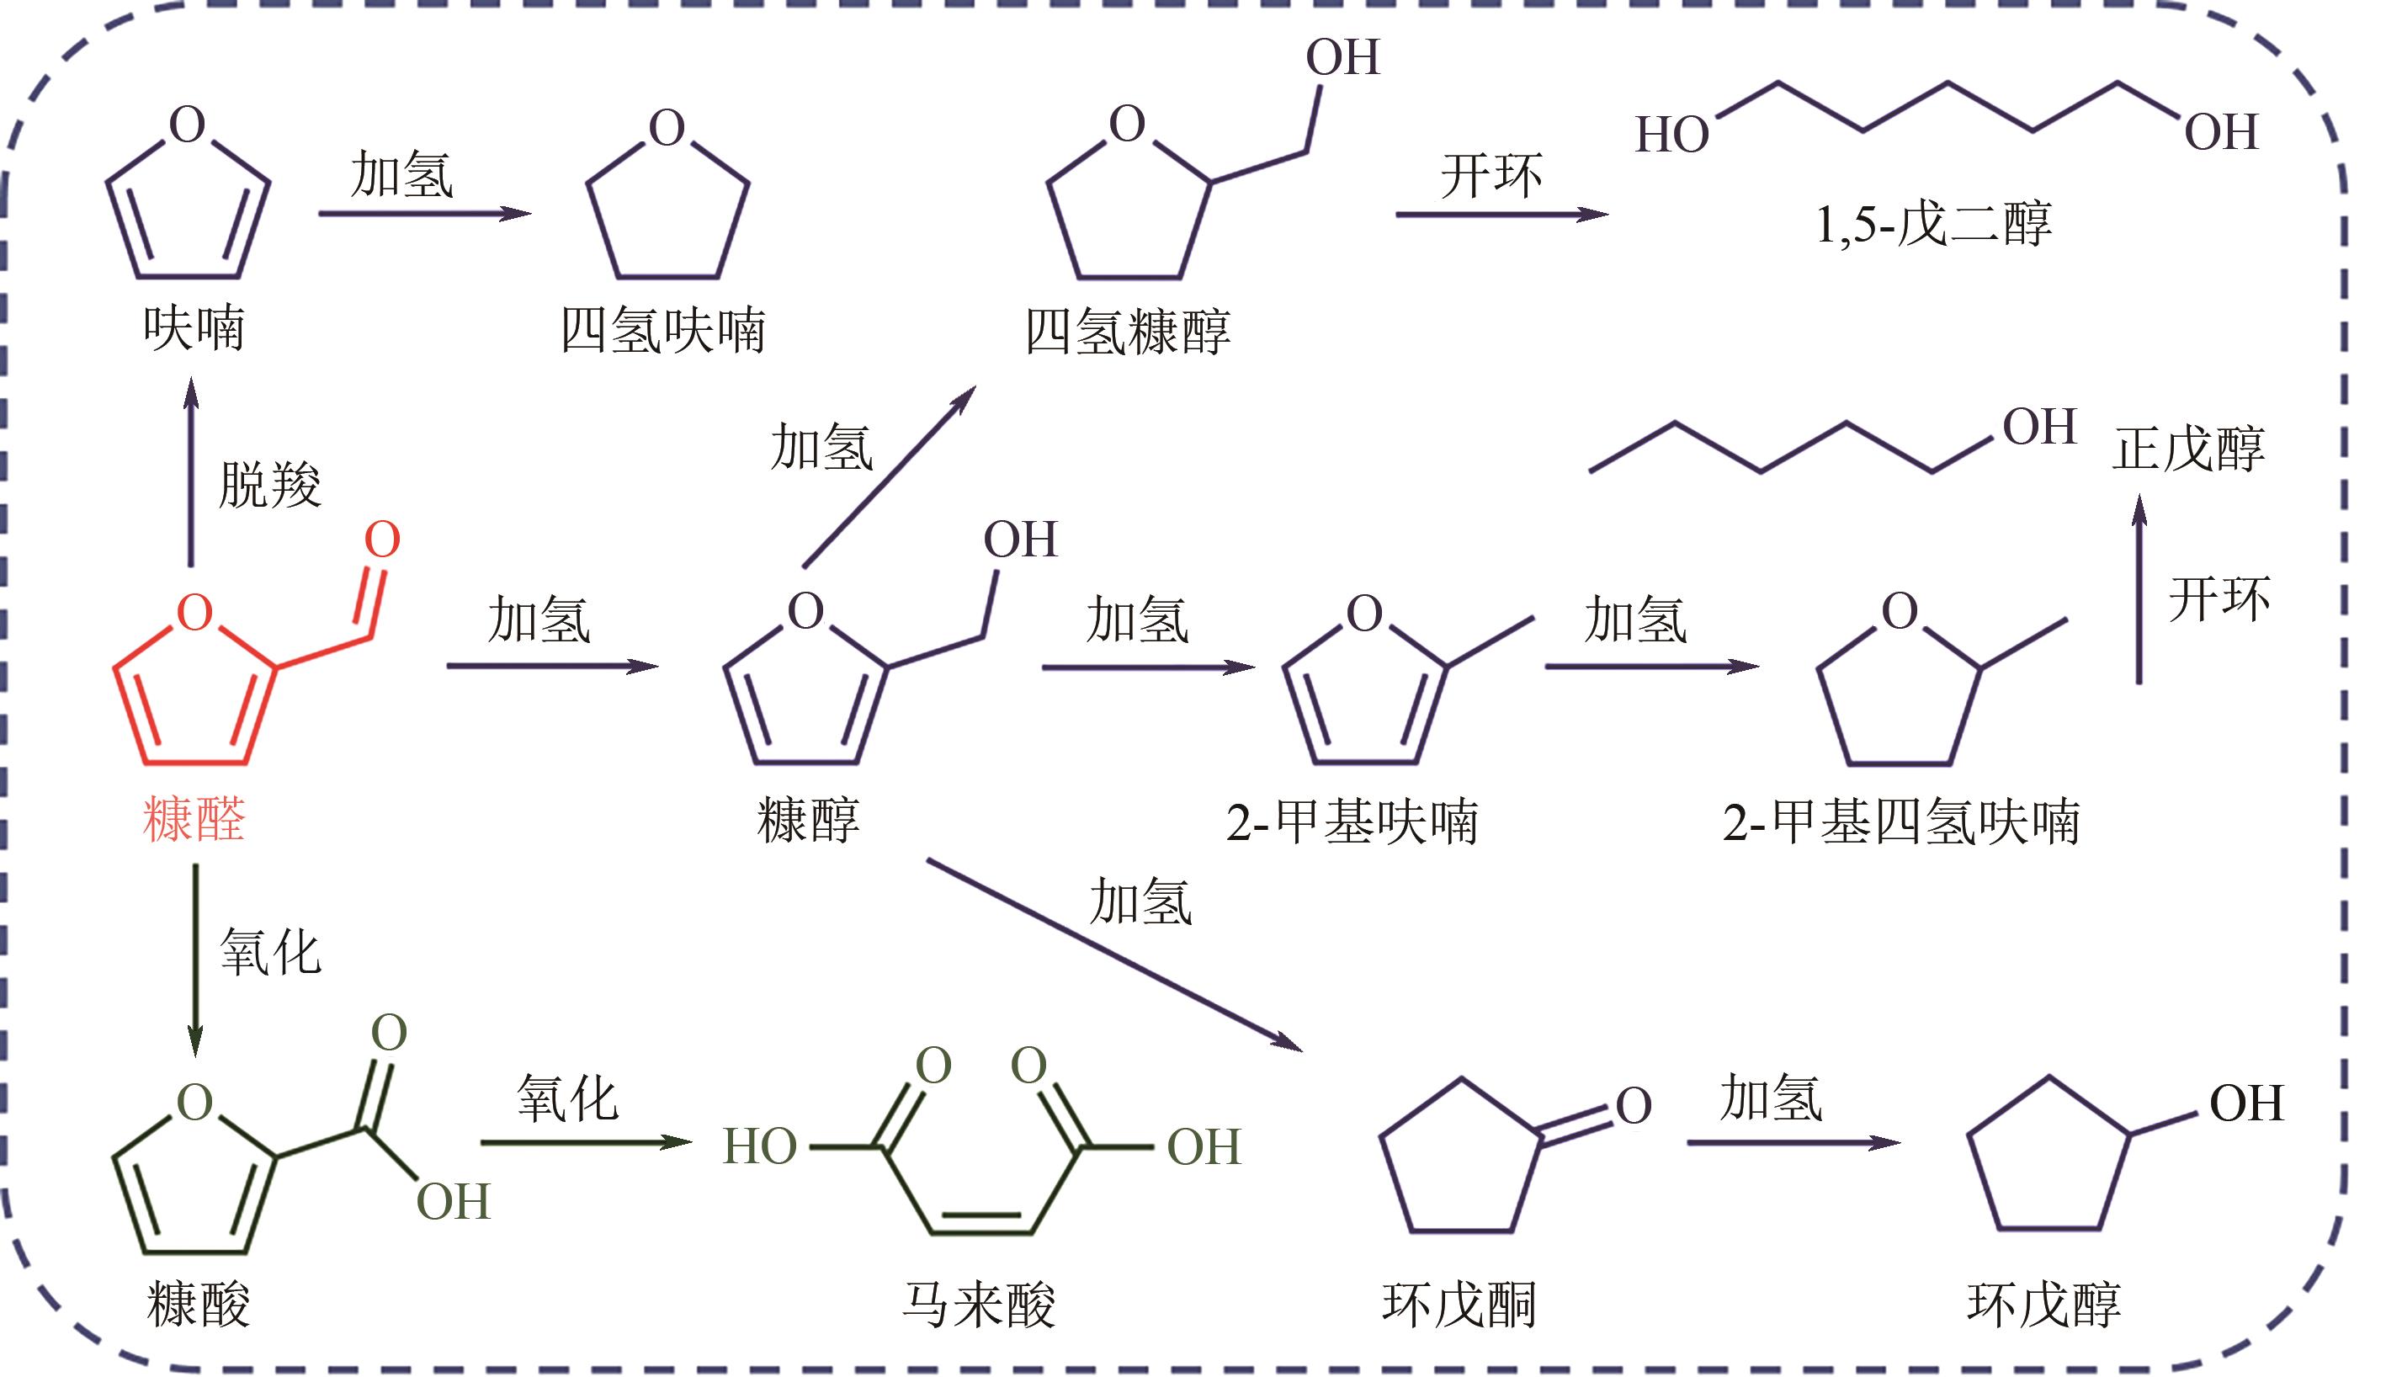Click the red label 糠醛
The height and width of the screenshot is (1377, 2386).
click(x=194, y=820)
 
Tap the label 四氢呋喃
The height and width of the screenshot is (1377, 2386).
click(x=663, y=331)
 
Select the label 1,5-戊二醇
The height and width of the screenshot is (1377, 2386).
click(x=1933, y=225)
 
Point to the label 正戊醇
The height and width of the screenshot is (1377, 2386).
click(x=2188, y=449)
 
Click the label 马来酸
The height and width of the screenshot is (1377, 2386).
click(x=978, y=1305)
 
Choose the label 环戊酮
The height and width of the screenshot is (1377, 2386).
click(x=1459, y=1305)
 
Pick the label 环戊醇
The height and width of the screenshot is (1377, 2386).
click(x=2044, y=1305)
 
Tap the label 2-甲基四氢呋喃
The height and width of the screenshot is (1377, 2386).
click(x=1901, y=821)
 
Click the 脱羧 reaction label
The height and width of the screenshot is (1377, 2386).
click(x=269, y=485)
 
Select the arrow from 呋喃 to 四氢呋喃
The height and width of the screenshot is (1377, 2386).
click(x=425, y=214)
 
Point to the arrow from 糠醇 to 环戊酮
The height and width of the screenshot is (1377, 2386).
click(x=1115, y=955)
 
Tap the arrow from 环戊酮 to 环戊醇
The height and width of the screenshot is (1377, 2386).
click(x=1793, y=1142)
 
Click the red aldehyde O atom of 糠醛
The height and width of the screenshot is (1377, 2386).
click(x=382, y=540)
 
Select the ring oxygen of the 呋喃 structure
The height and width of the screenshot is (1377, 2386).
click(x=187, y=125)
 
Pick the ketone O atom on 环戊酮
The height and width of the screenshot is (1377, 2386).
click(x=1634, y=1106)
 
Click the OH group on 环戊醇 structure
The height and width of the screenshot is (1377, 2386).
click(x=2246, y=1103)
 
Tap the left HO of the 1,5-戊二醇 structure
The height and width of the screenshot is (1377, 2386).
click(x=1672, y=136)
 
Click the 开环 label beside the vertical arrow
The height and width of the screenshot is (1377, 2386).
click(x=2219, y=599)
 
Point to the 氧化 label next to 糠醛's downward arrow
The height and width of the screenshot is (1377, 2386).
click(x=270, y=951)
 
